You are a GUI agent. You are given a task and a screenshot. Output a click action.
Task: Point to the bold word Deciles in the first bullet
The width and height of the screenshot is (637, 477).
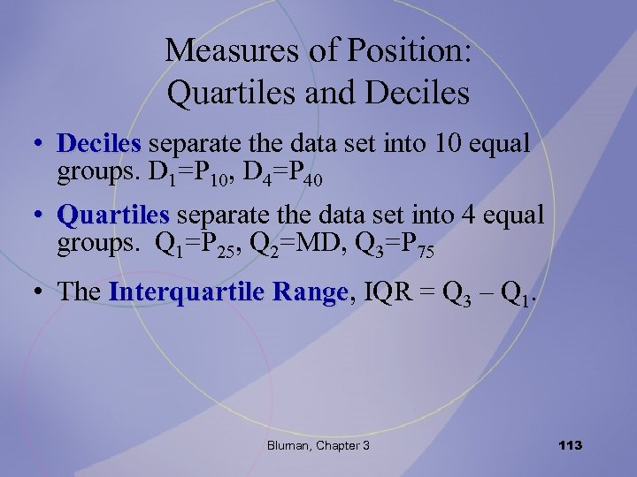[x=99, y=143]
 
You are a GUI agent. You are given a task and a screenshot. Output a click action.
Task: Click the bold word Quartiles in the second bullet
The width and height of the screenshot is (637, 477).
[x=112, y=215]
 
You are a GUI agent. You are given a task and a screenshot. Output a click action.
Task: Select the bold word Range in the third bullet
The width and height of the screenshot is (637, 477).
[x=311, y=292]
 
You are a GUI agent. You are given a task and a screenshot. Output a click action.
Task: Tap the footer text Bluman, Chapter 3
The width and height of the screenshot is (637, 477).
[x=318, y=445]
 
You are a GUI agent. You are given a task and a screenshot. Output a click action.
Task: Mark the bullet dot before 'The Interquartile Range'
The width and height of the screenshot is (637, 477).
[x=41, y=293]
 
